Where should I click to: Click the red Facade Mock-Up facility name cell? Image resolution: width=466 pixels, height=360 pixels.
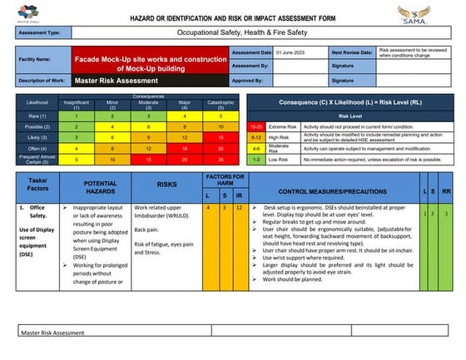(150, 59)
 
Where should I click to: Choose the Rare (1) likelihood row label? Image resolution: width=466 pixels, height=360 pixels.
(37, 116)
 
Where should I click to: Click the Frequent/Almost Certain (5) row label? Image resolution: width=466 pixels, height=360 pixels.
(37, 158)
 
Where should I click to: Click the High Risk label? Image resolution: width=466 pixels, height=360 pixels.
(279, 136)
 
